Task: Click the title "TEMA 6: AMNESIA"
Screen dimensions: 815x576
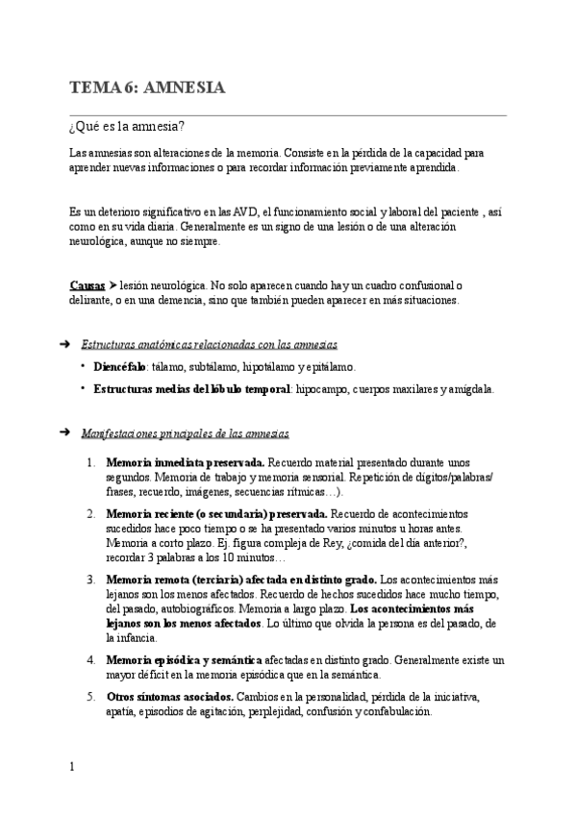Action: coord(147,88)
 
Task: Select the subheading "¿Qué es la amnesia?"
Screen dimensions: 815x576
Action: coord(127,127)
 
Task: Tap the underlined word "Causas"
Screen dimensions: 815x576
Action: coord(88,285)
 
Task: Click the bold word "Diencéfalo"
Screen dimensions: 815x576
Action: coord(119,367)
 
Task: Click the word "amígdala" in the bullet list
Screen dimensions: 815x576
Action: coord(470,389)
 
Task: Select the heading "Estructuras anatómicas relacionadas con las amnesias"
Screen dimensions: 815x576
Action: coord(209,344)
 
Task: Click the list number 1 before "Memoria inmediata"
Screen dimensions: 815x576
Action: coord(89,462)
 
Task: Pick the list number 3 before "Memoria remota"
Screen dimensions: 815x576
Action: coord(89,580)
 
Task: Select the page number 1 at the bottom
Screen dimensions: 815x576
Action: coord(73,766)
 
